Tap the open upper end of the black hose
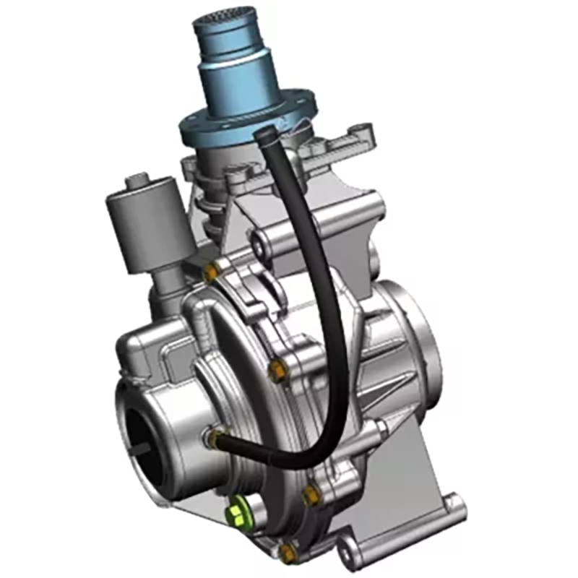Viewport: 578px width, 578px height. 264,133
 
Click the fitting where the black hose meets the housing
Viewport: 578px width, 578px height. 215,436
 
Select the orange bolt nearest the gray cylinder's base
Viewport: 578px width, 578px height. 211,272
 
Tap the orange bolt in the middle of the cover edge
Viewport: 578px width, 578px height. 278,371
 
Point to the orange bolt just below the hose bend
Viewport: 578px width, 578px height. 311,496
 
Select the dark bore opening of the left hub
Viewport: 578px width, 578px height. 152,448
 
